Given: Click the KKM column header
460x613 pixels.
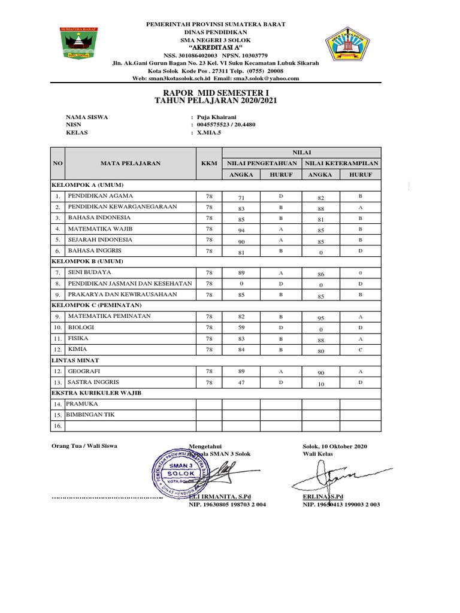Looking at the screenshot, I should (x=209, y=163).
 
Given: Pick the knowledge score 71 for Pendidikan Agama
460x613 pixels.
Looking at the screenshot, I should (x=241, y=197).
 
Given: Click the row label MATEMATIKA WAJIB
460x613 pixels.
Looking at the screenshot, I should (x=100, y=229).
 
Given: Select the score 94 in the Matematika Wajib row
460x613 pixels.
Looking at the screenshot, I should (x=241, y=229).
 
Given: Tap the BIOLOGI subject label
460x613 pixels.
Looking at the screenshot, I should (x=81, y=327).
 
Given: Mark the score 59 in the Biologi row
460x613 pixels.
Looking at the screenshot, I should (x=241, y=328).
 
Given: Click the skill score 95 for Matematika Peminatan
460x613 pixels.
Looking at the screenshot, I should (x=320, y=317).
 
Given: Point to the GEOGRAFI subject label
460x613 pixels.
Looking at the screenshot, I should (x=83, y=371).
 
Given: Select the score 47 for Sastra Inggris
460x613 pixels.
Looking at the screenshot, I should (x=241, y=383).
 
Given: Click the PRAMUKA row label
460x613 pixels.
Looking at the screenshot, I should (x=81, y=404).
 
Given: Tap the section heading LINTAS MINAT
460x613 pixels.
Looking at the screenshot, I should (x=75, y=360).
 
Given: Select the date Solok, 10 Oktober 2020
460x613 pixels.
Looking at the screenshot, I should (x=335, y=447).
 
